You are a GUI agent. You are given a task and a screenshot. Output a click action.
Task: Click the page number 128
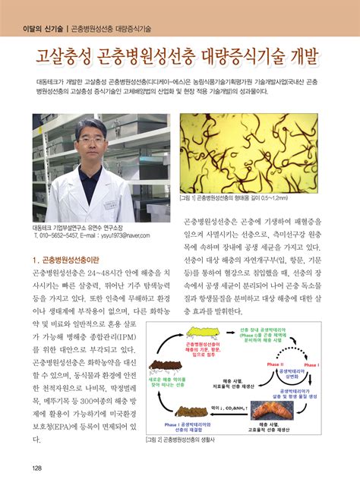(36, 467)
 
